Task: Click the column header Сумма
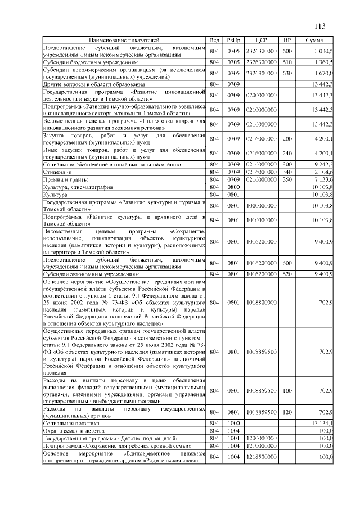(314, 40)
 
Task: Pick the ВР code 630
(287, 73)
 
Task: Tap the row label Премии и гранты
(64, 179)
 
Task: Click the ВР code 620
(287, 274)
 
